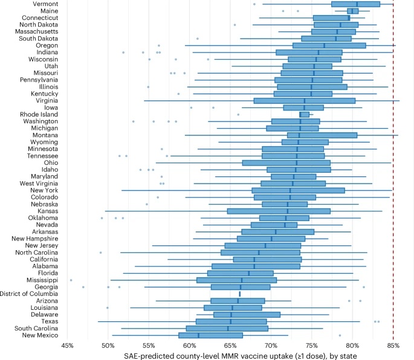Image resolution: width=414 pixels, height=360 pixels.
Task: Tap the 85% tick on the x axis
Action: tap(393, 345)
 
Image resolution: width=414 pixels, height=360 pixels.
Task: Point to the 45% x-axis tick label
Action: tap(68, 345)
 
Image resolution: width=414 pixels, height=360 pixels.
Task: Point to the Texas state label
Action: tap(49, 321)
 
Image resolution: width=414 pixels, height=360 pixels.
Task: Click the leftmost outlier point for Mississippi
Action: tap(71, 280)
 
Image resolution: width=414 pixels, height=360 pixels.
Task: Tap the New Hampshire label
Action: tap(34, 239)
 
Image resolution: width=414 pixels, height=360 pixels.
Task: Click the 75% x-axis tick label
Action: tap(312, 345)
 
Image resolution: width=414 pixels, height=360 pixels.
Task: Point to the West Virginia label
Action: tap(39, 183)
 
